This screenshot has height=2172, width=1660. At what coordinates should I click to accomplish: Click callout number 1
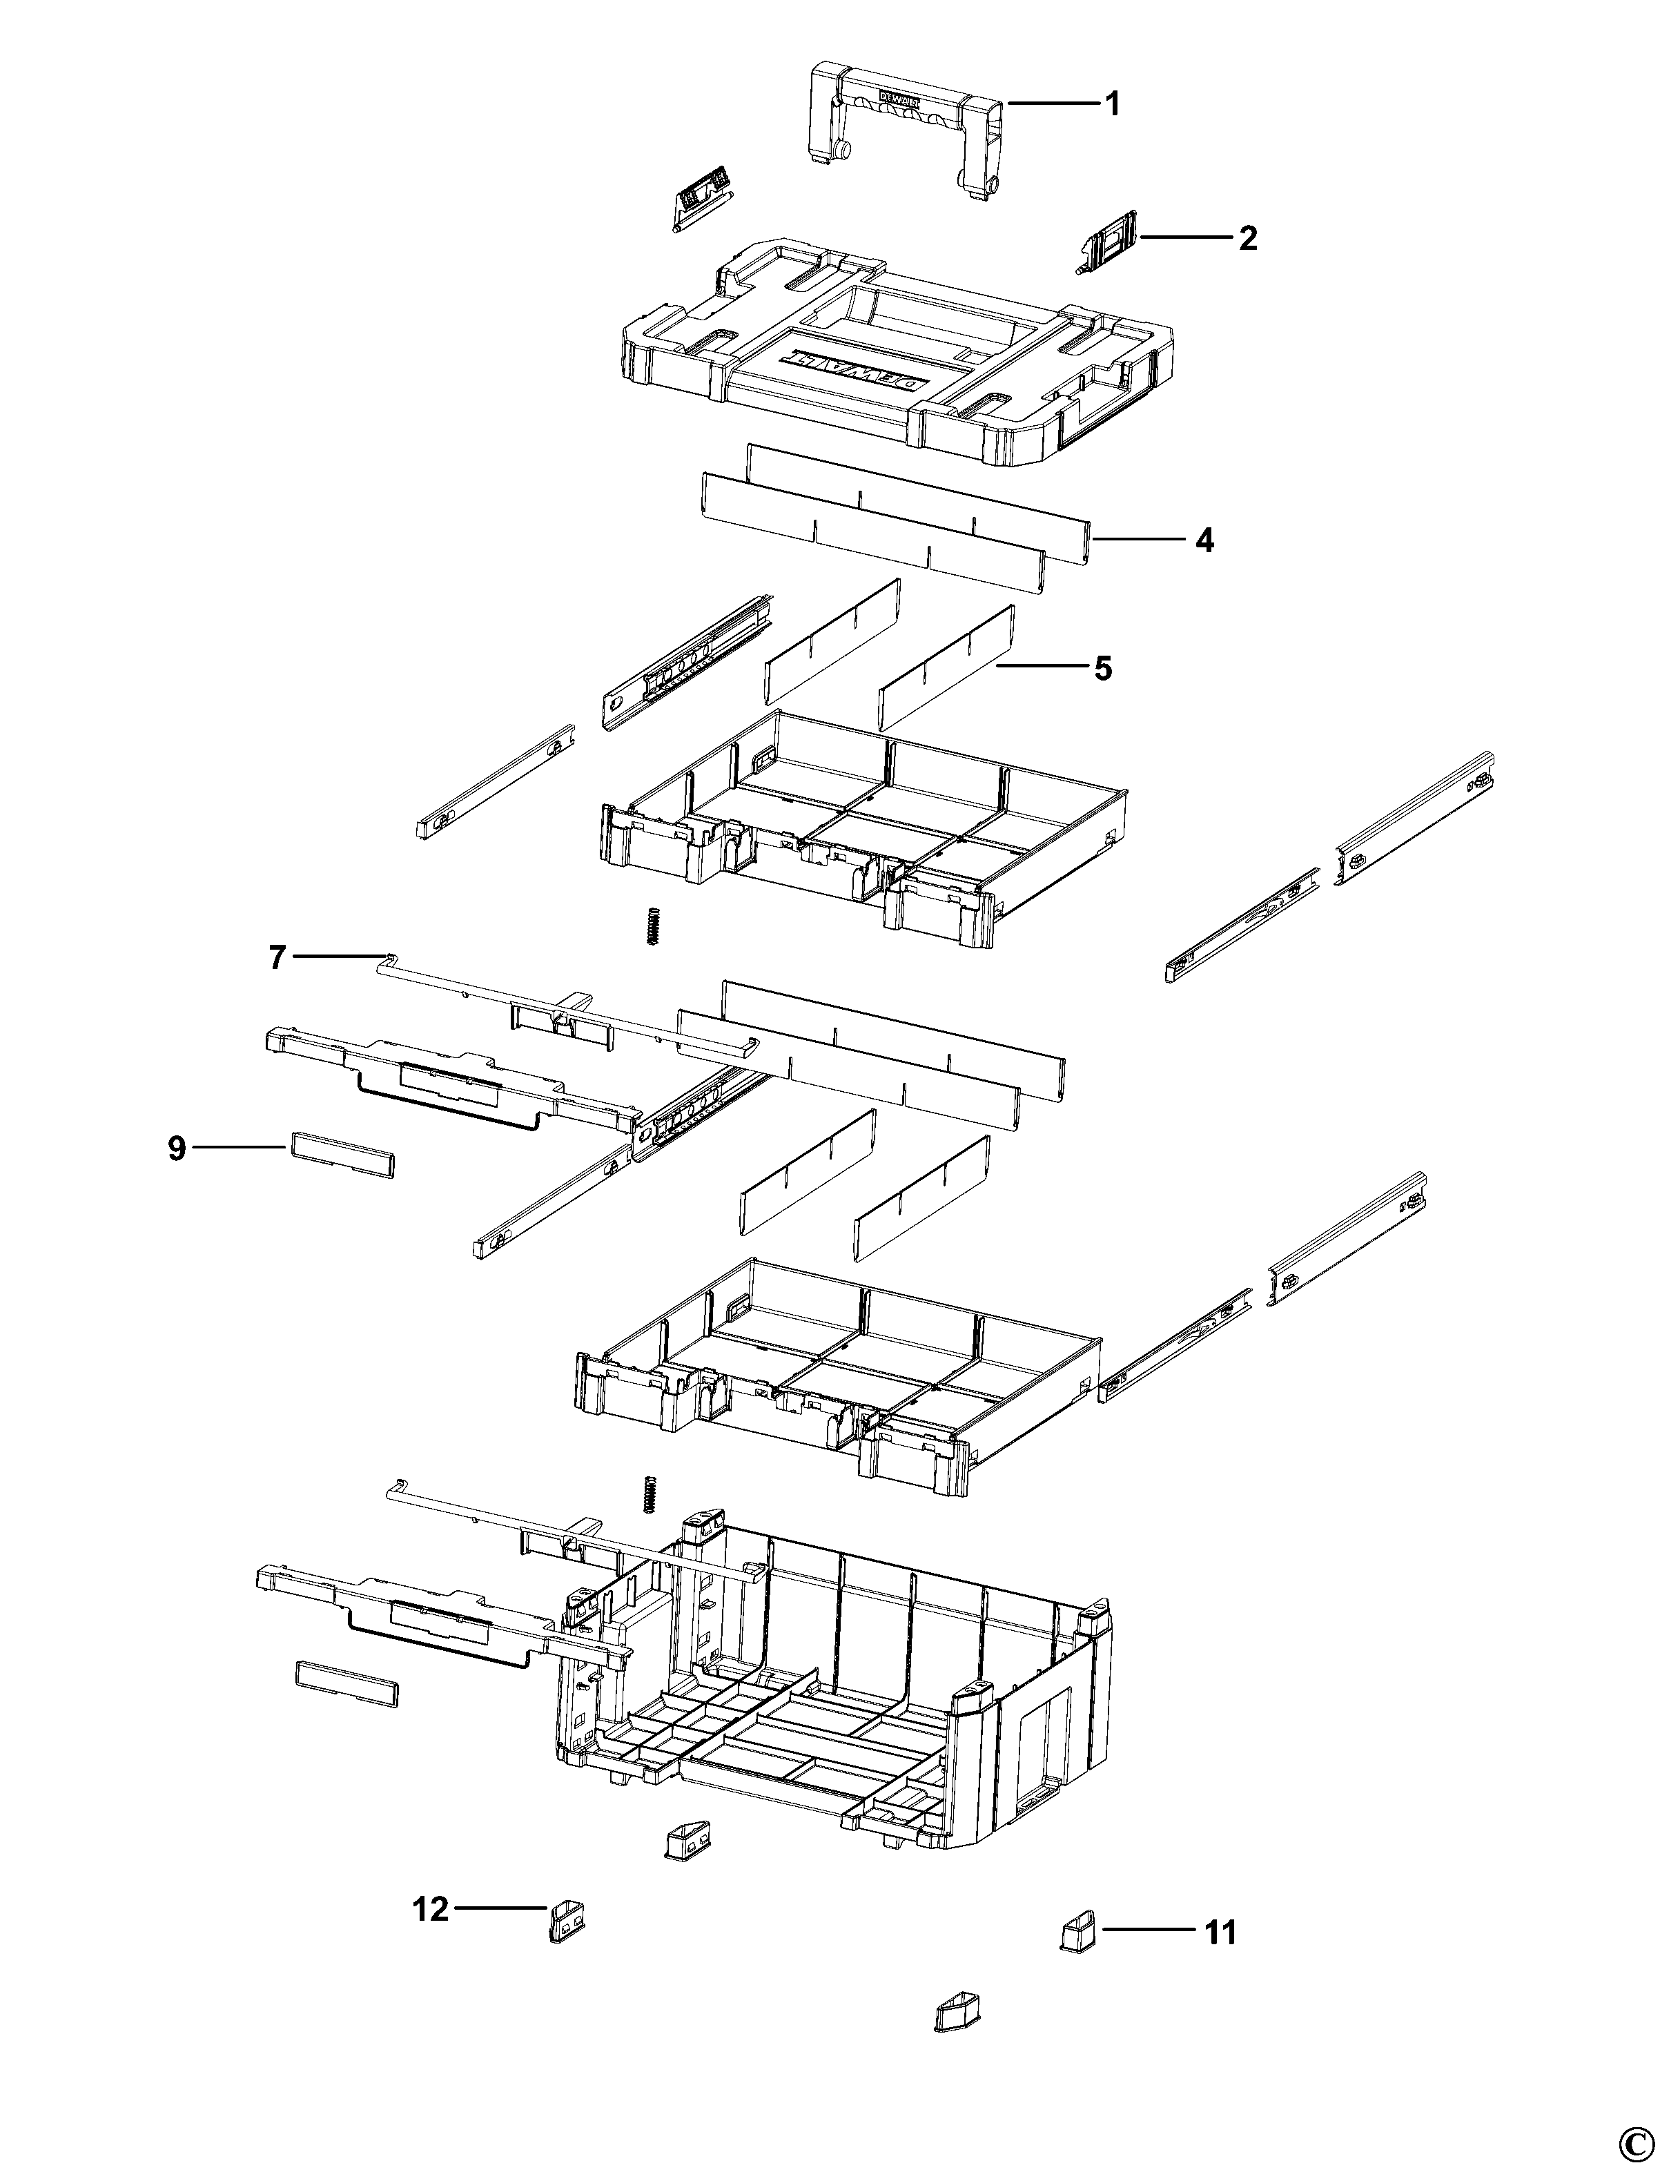1113,104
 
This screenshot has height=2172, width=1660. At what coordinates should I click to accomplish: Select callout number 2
1248,238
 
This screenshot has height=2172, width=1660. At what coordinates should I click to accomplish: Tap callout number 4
1204,540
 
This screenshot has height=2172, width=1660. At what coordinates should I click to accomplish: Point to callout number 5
1103,669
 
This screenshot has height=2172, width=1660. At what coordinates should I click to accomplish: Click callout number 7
277,957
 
